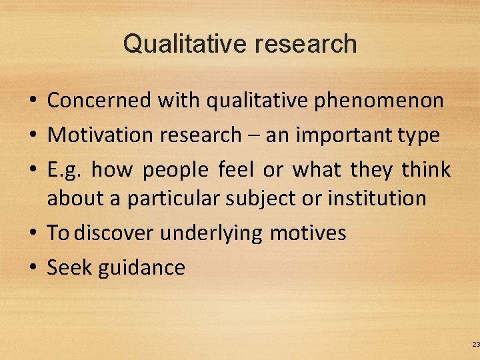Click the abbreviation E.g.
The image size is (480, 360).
(64, 171)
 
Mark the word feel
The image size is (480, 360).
(236, 169)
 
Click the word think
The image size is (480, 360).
(426, 169)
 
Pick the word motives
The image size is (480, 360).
(308, 233)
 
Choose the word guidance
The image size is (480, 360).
(141, 268)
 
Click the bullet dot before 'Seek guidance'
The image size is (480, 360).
(32, 269)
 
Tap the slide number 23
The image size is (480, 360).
(475, 344)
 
